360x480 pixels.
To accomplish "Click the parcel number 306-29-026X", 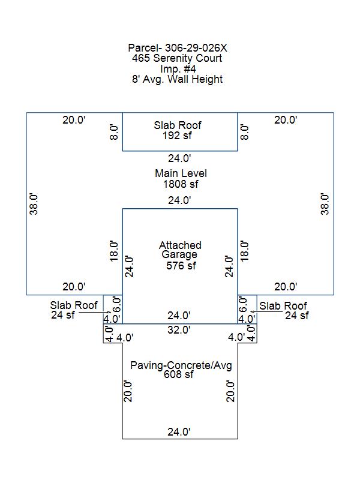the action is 196,48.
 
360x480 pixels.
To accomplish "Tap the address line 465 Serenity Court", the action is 177,58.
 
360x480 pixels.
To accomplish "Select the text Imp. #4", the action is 178,68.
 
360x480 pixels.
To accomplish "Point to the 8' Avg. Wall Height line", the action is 177,79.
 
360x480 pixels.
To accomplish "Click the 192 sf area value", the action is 177,136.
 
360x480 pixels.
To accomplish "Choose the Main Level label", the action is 181,173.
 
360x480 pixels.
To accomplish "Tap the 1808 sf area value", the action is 181,184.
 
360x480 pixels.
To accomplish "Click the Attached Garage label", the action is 180,250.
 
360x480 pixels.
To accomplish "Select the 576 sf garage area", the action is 181,265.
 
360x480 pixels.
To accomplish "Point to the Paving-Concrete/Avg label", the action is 181,365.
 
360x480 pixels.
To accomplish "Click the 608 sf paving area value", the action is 178,374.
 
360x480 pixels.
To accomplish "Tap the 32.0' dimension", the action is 179,329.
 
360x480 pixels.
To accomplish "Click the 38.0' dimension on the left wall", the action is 34,204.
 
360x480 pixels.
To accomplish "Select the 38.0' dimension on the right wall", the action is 325,204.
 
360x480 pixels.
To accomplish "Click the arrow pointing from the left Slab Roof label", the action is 95,312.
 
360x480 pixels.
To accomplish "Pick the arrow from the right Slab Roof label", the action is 266,311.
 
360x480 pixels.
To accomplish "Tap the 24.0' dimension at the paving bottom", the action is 179,431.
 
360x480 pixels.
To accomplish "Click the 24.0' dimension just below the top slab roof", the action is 179,158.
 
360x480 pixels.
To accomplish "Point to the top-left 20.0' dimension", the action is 74,119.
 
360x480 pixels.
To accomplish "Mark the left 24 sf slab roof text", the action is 63,314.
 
